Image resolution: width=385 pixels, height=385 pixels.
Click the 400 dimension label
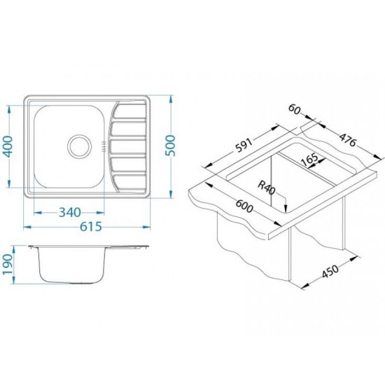coord(8,146)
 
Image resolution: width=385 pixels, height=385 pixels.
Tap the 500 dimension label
coord(171,146)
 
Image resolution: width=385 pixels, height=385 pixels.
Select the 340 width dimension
coord(70,212)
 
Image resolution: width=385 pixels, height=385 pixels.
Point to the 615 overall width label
coord(90,226)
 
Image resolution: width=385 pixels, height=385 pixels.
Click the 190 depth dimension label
coord(8,264)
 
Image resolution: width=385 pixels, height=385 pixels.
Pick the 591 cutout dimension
coord(244,145)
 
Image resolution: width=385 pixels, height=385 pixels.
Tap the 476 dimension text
coord(348,139)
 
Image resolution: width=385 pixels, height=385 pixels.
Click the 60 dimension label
coord(295,109)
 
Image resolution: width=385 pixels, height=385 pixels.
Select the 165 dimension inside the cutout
coord(309,160)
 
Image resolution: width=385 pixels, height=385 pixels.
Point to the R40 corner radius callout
coord(267,188)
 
